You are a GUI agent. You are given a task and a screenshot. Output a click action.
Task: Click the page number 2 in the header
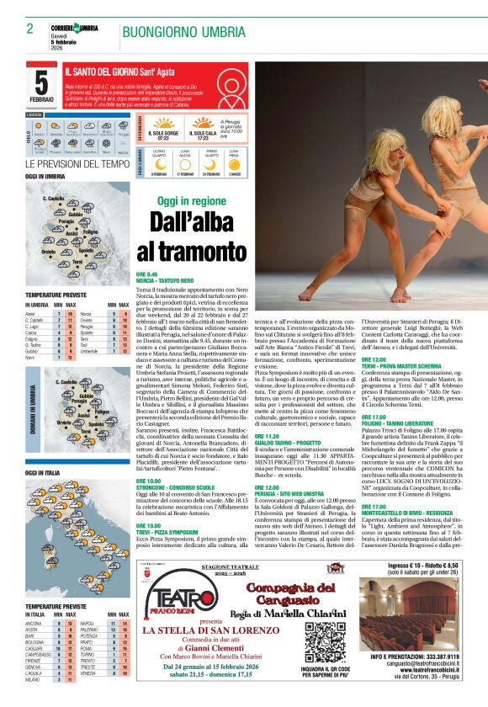[30, 29]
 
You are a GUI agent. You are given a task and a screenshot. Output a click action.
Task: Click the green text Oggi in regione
[192, 202]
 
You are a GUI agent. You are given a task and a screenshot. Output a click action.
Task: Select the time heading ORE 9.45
[146, 274]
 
